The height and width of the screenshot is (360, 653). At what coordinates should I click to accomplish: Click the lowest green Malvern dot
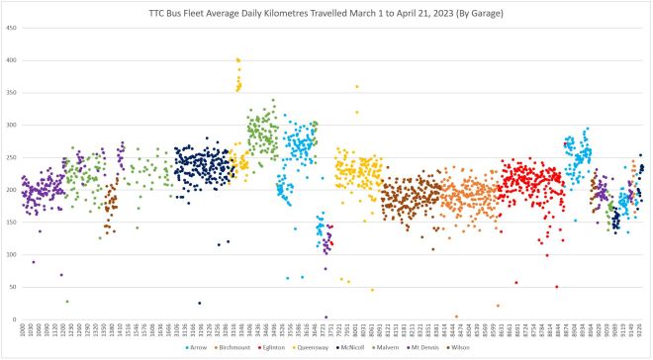[x=66, y=302]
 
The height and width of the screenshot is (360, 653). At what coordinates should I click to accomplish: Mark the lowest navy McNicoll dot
[x=199, y=304]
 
